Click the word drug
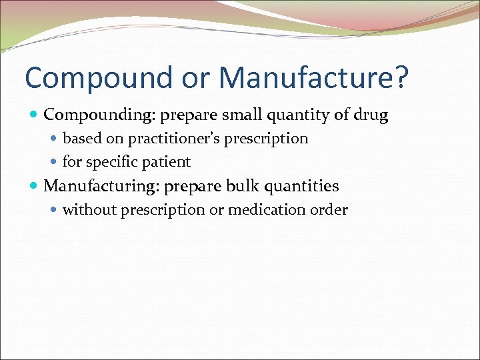point(371,115)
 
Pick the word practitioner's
point(175,139)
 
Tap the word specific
point(113,162)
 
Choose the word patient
point(167,162)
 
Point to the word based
point(80,139)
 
